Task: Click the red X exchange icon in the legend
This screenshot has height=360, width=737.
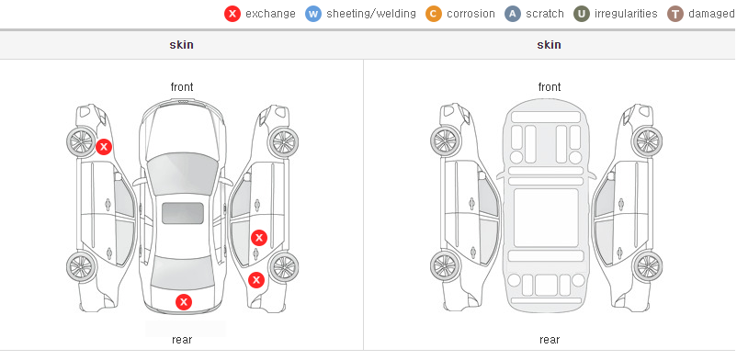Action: (x=232, y=14)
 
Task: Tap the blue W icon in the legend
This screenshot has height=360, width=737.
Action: (x=313, y=14)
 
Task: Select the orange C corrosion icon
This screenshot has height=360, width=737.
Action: (x=434, y=14)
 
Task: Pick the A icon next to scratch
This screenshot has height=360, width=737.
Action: (x=513, y=14)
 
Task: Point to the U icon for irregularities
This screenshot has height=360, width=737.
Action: (x=582, y=14)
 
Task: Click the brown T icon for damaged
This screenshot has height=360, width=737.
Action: (x=675, y=14)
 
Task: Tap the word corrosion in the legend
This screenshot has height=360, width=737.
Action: (x=471, y=14)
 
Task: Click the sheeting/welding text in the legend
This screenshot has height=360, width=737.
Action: (x=371, y=14)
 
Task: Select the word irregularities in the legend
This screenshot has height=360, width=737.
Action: (x=626, y=14)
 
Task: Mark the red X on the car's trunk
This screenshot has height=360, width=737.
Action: (x=184, y=302)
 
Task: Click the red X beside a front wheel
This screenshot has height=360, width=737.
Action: (x=104, y=147)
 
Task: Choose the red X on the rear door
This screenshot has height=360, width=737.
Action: (x=258, y=238)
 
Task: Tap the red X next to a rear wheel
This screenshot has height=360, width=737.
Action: (x=256, y=281)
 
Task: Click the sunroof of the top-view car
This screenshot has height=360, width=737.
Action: (x=183, y=213)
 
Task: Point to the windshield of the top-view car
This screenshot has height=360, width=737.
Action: (x=182, y=173)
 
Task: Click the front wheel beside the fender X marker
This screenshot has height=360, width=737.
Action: (x=81, y=142)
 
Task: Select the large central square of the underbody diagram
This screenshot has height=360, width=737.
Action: (x=546, y=218)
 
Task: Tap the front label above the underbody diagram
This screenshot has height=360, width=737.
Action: (x=550, y=87)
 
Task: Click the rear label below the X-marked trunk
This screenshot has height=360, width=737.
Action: (x=182, y=340)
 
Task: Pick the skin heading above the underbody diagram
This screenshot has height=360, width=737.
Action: (x=549, y=45)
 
